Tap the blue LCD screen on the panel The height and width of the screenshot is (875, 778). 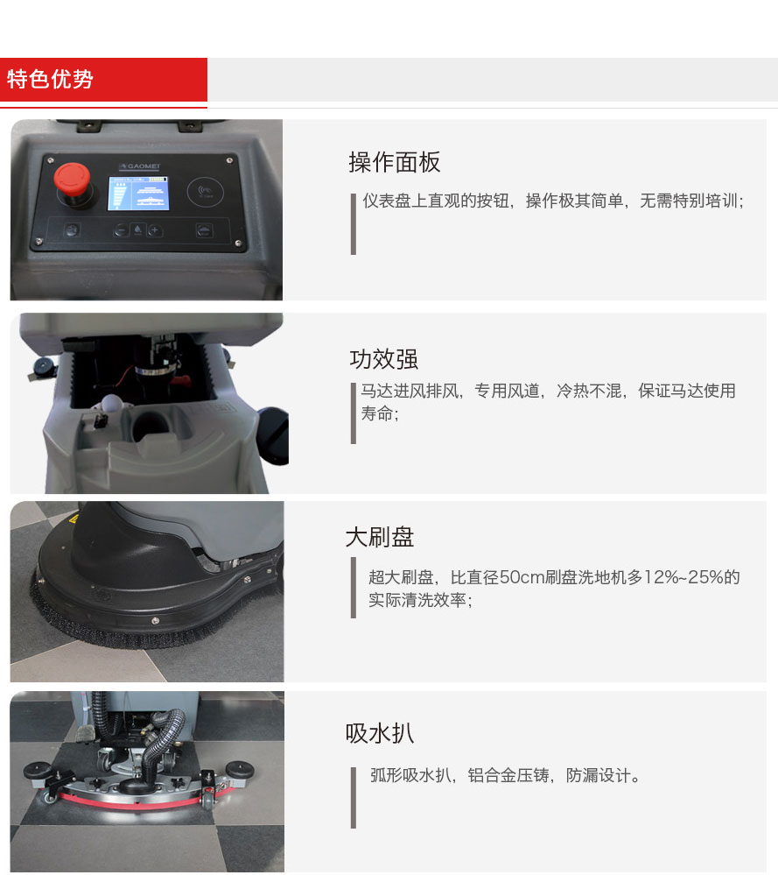[x=138, y=193]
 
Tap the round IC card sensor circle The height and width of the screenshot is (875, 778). [x=207, y=193]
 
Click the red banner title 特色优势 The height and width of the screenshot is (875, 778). [x=51, y=80]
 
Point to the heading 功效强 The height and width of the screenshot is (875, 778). [x=384, y=359]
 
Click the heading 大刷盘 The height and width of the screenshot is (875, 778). [x=380, y=537]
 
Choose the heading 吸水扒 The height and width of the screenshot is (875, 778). [x=380, y=733]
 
